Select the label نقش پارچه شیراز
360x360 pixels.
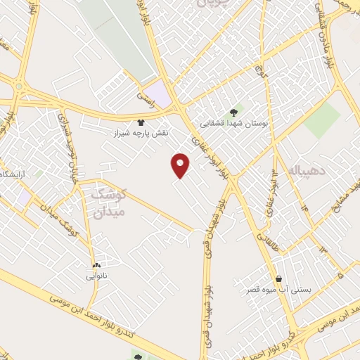(141, 133)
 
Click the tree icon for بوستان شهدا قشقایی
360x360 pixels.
(233, 112)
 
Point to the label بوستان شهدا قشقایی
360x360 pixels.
(231, 123)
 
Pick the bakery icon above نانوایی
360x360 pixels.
(96, 265)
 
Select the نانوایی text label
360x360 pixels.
(97, 276)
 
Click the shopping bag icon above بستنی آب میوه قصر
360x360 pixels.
(279, 278)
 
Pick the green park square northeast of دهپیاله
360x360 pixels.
(322, 120)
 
